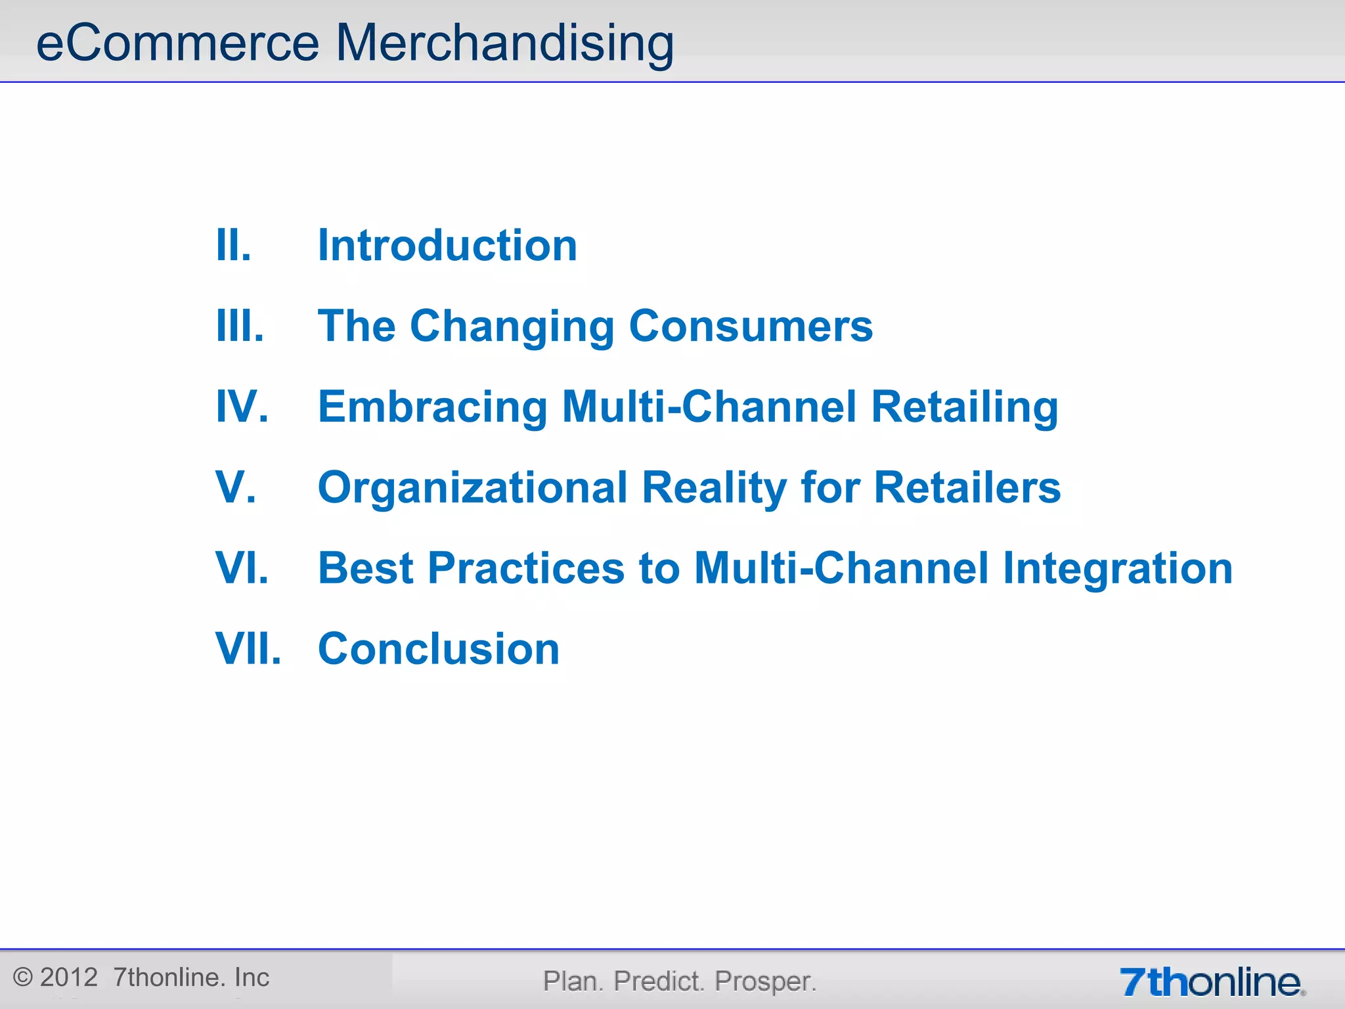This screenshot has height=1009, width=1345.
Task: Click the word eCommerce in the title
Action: tap(177, 43)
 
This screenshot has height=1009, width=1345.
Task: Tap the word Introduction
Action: tap(447, 246)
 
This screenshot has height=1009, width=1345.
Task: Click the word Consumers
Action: tap(751, 326)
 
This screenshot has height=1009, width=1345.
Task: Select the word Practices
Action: tap(526, 568)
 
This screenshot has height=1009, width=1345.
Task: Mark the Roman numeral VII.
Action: tap(248, 649)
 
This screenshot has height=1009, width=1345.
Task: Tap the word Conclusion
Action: tap(439, 649)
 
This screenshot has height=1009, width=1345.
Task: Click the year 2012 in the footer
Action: tap(68, 977)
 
